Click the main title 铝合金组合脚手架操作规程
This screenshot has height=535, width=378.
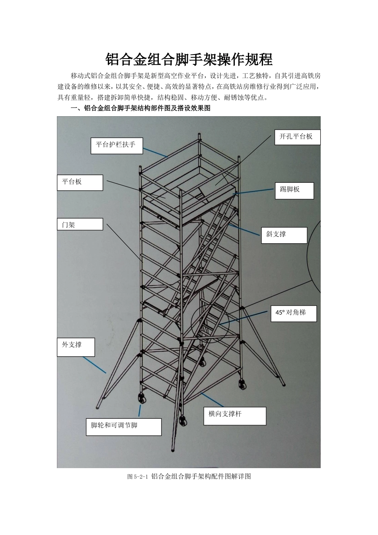coord(189,60)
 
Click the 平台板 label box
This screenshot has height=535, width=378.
coord(80,182)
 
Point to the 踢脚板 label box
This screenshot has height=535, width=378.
coord(294,190)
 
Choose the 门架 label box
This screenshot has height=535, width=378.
coord(80,225)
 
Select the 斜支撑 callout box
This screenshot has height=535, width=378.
coord(284,235)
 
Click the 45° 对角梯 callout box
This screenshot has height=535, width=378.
coord(294,313)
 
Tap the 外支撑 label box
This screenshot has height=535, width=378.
coord(76,347)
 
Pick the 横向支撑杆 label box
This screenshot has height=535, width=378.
coord(235,416)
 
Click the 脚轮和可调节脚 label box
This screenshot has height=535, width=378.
coord(123,427)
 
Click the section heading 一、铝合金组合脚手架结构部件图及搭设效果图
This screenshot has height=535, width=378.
coord(140,108)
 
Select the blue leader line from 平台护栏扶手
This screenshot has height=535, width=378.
coord(155,152)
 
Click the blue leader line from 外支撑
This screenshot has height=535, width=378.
coord(95,365)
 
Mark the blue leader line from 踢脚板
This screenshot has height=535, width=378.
coord(253,191)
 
